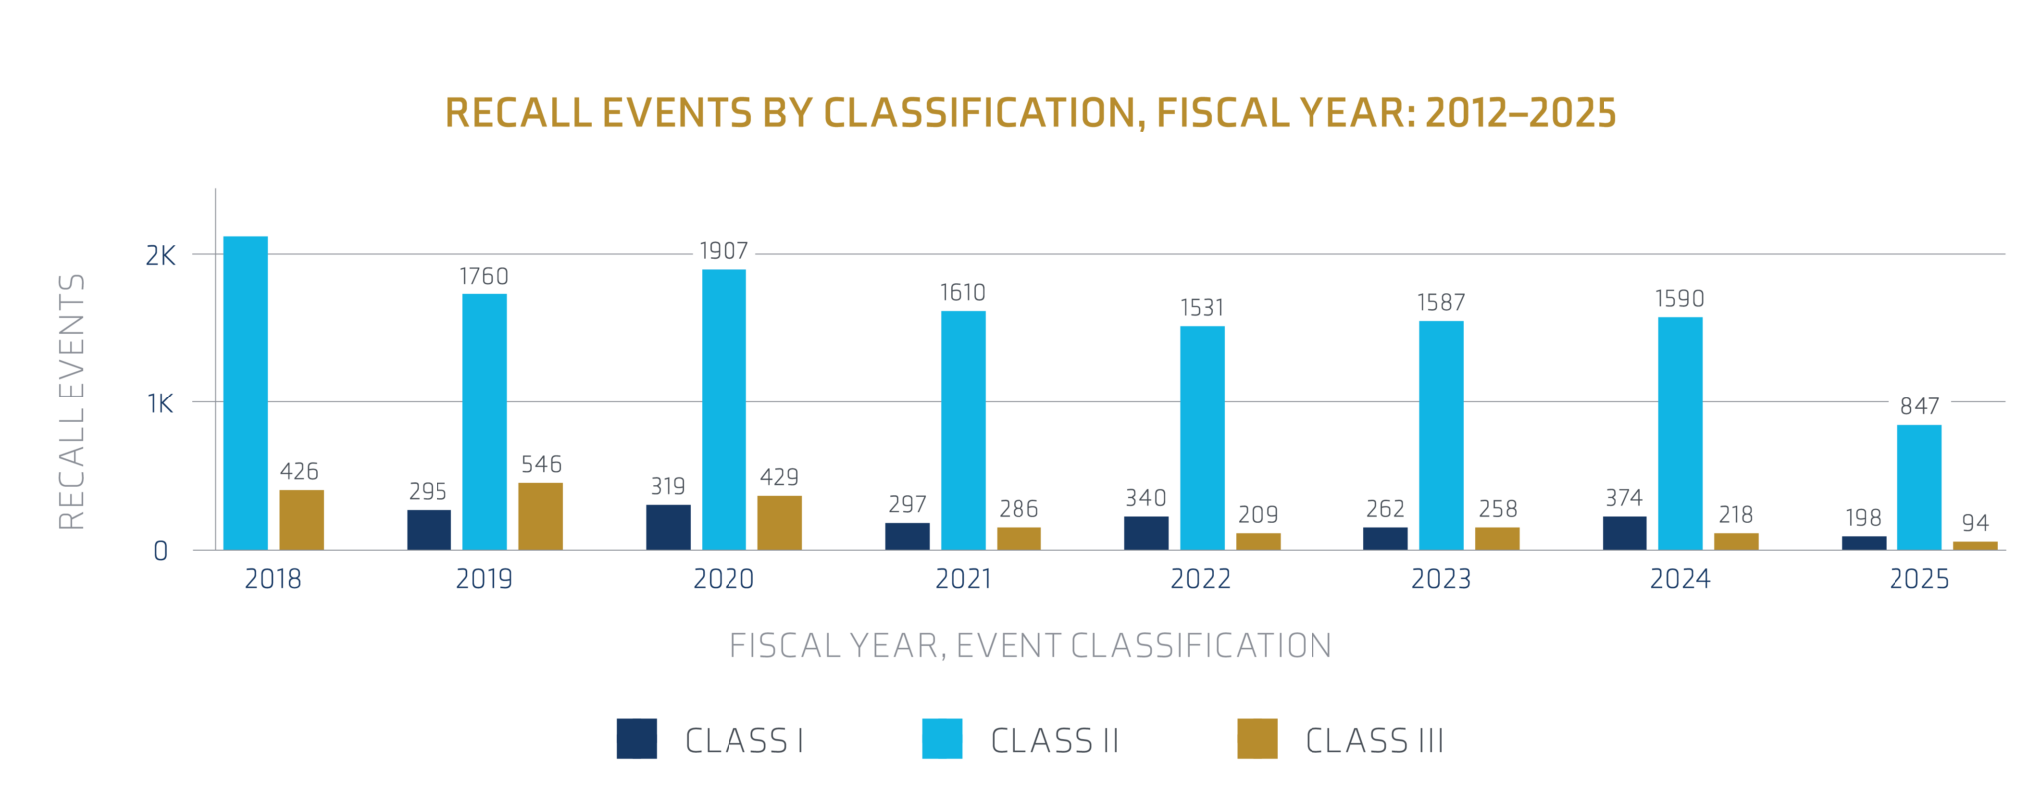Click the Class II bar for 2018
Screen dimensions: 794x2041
pyautogui.click(x=245, y=394)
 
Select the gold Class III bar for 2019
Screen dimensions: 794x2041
pyautogui.click(x=540, y=516)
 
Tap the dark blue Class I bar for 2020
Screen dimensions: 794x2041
pyautogui.click(x=668, y=527)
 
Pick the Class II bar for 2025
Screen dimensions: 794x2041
pyautogui.click(x=1918, y=487)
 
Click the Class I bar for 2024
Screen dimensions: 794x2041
pyautogui.click(x=1624, y=533)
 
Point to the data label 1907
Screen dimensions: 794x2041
pyautogui.click(x=724, y=251)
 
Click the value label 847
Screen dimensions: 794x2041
pyautogui.click(x=1919, y=406)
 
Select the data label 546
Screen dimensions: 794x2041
pyautogui.click(x=541, y=464)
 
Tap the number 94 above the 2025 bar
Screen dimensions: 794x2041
pyautogui.click(x=1975, y=523)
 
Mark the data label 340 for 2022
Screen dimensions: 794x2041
pyautogui.click(x=1146, y=498)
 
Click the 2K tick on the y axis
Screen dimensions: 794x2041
pyautogui.click(x=160, y=256)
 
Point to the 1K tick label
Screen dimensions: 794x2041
pyautogui.click(x=160, y=403)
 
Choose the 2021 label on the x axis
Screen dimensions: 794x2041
pyautogui.click(x=963, y=579)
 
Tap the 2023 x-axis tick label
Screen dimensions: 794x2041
pyautogui.click(x=1441, y=579)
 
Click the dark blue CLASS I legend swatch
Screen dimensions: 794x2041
pyautogui.click(x=636, y=739)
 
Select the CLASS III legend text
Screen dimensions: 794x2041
pyautogui.click(x=1374, y=741)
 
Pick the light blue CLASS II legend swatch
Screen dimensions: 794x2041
pyautogui.click(x=942, y=739)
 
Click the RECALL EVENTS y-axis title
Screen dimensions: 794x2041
pyautogui.click(x=72, y=401)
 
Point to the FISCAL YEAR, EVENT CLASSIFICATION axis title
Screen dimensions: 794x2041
pyautogui.click(x=1030, y=646)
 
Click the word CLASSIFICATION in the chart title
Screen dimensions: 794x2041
pyautogui.click(x=980, y=113)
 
